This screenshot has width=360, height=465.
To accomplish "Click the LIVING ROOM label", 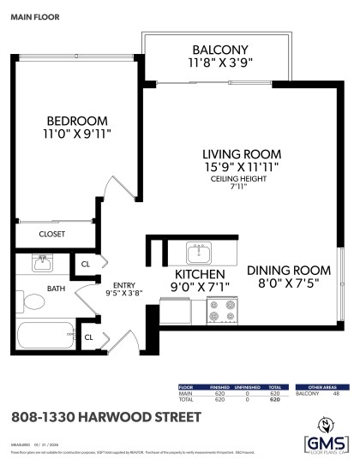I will click(242, 153).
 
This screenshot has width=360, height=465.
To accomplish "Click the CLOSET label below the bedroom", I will click(52, 234).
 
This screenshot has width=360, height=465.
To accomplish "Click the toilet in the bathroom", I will click(35, 302).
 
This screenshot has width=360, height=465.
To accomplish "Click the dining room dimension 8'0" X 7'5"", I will click(287, 285).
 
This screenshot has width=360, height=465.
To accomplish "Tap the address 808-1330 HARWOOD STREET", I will click(106, 417).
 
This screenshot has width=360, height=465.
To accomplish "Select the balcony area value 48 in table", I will click(336, 393).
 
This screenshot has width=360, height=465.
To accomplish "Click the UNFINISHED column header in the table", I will click(248, 387).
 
